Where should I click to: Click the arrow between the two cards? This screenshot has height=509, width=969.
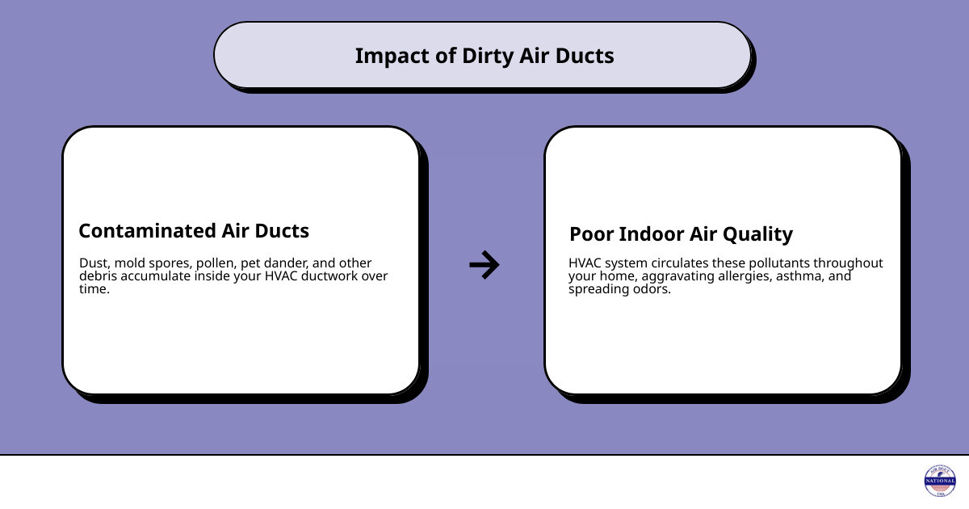point(484,264)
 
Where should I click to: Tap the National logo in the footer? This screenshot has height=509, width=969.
point(939,482)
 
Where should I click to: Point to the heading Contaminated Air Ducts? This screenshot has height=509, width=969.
point(194,231)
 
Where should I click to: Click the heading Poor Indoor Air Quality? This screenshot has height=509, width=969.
point(681,234)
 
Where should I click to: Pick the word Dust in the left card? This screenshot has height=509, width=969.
point(93,263)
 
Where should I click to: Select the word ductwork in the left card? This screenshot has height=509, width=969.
point(320,276)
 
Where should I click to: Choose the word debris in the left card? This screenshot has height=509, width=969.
point(99,276)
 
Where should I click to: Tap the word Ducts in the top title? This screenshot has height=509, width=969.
point(586,56)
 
